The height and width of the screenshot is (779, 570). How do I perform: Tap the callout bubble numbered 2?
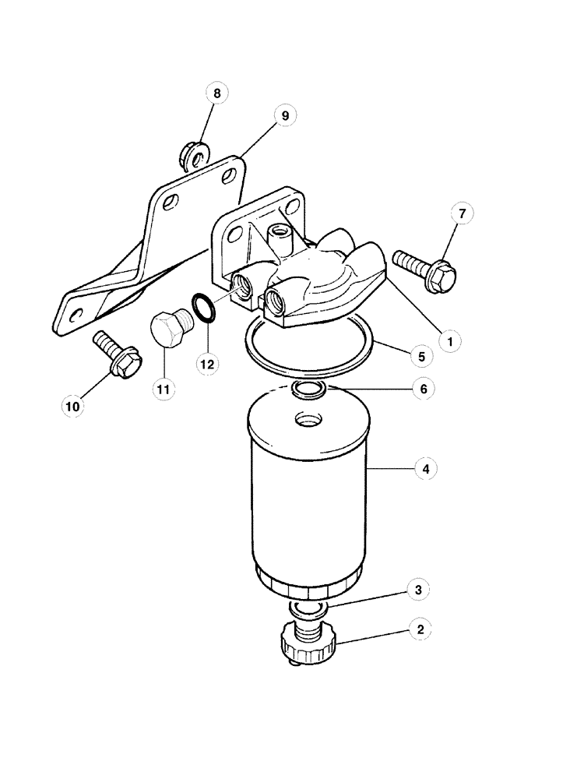pos(420,629)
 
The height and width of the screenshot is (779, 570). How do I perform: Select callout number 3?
pos(420,590)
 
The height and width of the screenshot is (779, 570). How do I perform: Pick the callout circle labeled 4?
pos(424,469)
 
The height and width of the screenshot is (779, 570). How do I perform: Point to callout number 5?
pos(420,356)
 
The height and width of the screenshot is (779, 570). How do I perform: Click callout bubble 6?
pos(421,387)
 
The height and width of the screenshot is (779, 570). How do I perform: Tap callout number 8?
pos(216,93)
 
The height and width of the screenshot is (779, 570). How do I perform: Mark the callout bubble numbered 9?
pos(285,115)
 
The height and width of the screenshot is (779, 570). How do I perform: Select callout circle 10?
pos(72,404)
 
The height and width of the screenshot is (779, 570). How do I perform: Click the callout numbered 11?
pos(164,387)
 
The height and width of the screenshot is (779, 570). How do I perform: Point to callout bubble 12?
pos(206,363)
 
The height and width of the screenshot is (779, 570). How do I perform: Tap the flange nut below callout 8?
pos(192,154)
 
